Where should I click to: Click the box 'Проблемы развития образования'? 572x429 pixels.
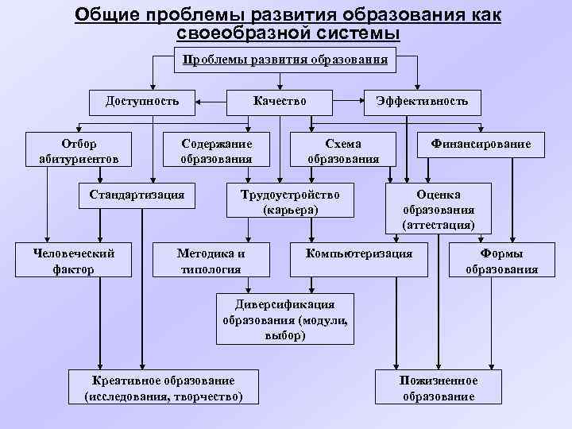(x=286, y=60)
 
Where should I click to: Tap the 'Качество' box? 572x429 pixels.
(x=279, y=101)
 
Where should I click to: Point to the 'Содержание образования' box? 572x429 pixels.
(x=216, y=151)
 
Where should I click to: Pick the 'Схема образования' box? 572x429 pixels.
(x=343, y=151)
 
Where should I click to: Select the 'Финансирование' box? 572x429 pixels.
(x=481, y=145)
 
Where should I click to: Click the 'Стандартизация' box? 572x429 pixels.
(x=137, y=194)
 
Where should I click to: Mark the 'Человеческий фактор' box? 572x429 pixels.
(x=75, y=261)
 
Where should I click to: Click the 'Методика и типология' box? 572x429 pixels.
(x=210, y=261)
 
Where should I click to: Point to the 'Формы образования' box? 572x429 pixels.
(x=500, y=261)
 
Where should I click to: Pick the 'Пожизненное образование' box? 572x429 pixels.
(x=439, y=388)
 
